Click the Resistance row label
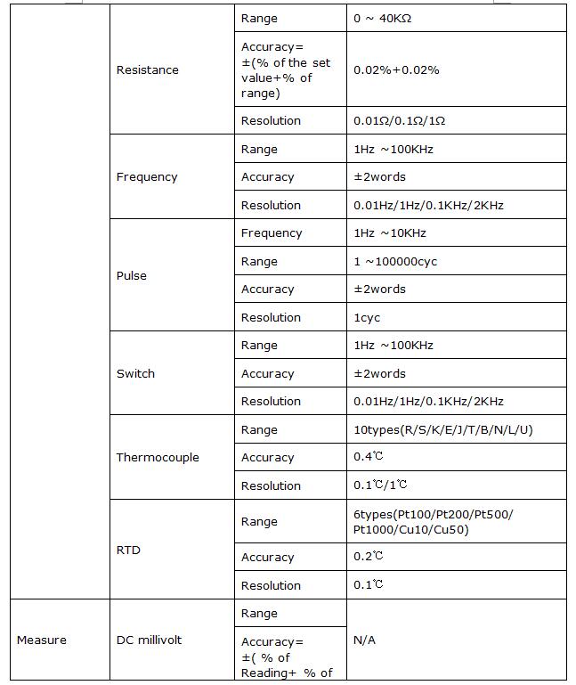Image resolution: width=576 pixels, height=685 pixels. pos(148,69)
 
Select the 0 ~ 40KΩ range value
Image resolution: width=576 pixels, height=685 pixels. pos(382,19)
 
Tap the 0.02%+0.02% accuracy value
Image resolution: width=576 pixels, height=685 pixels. pos(396,69)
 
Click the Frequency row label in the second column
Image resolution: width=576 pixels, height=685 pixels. pos(147,177)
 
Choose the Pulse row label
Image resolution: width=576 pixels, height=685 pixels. pos(132,275)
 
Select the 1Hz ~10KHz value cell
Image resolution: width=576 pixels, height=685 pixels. pos(390,233)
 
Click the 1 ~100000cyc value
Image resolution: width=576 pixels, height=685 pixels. pos(395,262)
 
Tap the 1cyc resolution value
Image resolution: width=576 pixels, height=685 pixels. pos(367,317)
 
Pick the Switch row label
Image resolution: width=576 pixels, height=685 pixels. pos(135,373)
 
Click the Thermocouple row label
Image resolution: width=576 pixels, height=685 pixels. pos(158,458)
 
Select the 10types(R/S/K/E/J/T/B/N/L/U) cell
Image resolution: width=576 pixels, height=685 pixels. pos(443,430)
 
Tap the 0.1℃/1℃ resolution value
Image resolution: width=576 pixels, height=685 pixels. pos(381,485)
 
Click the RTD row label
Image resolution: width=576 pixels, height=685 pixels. pos(128,550)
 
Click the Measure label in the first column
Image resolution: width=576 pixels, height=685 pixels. pos(42,640)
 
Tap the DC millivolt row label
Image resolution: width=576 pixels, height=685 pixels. pos(149,640)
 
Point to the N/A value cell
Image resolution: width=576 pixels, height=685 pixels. pos(364,640)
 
